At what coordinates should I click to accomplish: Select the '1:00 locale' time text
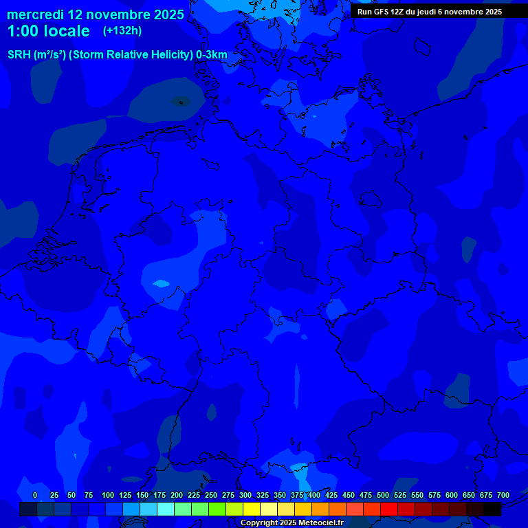click(48, 31)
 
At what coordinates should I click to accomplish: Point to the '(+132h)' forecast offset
click(122, 31)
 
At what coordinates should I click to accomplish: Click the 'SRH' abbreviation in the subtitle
click(19, 55)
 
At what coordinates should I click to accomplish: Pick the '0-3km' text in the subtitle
click(211, 55)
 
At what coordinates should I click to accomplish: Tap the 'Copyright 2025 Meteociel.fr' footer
click(291, 522)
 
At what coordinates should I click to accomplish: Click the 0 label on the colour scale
click(35, 495)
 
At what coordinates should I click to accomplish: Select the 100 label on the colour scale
click(108, 495)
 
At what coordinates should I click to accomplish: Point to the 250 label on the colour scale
click(211, 495)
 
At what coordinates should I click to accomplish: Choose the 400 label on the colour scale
click(314, 495)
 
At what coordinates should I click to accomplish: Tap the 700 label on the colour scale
click(503, 495)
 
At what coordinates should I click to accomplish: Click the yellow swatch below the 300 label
click(252, 509)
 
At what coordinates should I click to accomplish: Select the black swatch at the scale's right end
click(492, 509)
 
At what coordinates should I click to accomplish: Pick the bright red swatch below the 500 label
click(389, 509)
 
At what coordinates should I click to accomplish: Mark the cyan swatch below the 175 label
click(166, 509)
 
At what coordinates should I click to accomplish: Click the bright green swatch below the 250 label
click(217, 509)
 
